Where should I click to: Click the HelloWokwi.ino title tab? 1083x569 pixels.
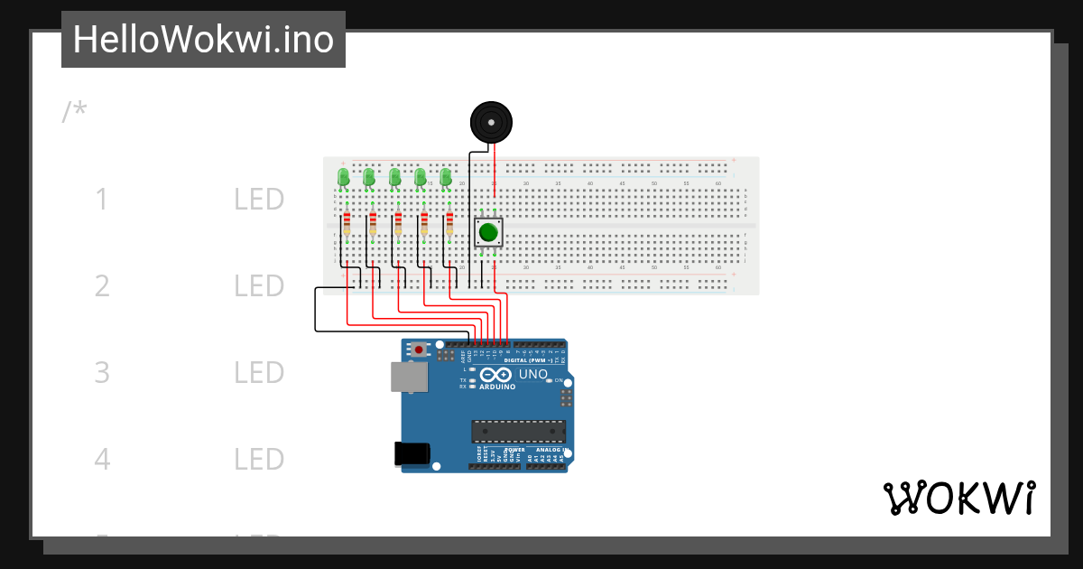click(203, 40)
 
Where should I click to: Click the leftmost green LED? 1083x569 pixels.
click(343, 177)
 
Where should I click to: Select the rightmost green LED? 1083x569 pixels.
click(445, 177)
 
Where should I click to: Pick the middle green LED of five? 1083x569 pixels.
click(394, 177)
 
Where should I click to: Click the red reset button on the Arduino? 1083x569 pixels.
click(418, 350)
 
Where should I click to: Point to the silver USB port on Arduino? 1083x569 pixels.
click(409, 377)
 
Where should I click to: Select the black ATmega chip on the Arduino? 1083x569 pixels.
click(518, 432)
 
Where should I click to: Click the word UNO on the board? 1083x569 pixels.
click(532, 374)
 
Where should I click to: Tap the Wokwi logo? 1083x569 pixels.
click(958, 499)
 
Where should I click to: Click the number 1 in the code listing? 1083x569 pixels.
click(102, 200)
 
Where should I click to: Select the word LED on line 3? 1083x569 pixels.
click(259, 373)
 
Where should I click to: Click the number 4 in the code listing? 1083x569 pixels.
click(102, 460)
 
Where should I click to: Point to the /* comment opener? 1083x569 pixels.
click(75, 112)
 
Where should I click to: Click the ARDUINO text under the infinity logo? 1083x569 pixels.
click(497, 387)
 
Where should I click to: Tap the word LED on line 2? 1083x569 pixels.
click(259, 286)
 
